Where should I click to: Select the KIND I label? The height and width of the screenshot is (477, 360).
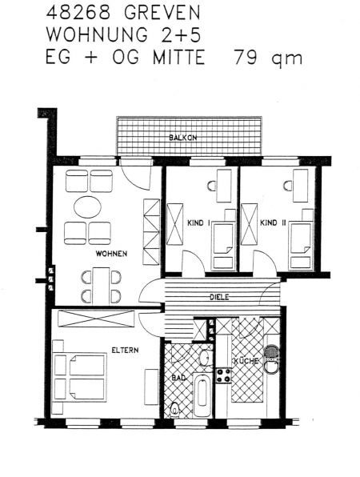click(x=198, y=225)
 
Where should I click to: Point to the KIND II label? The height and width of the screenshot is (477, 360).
click(x=272, y=225)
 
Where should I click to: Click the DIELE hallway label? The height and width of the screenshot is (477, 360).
click(x=220, y=297)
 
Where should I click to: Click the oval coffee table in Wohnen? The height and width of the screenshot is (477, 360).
click(x=88, y=206)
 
